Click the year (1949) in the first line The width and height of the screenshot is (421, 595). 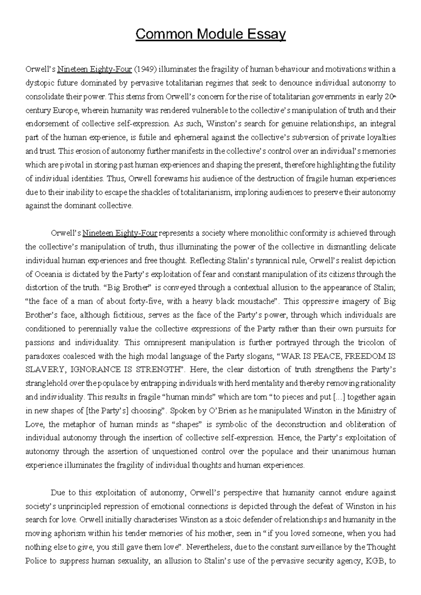click(x=145, y=69)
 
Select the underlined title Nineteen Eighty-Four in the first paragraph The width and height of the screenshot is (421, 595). click(x=94, y=69)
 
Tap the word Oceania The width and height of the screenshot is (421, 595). click(x=46, y=274)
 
